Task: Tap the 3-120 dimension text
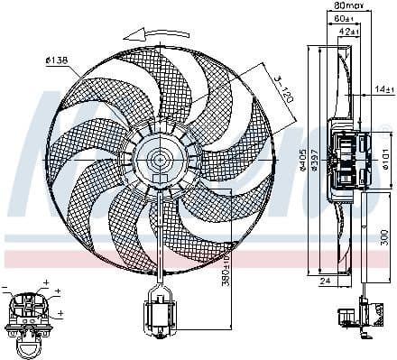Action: point(282,90)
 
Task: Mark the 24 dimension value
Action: point(326,281)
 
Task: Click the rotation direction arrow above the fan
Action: point(150,32)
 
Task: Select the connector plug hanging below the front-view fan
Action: point(159,315)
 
